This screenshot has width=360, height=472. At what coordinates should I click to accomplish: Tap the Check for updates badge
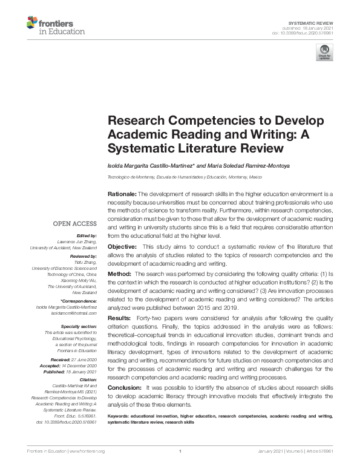[x=324, y=53]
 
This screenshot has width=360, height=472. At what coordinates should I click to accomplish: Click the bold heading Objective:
[x=123, y=247]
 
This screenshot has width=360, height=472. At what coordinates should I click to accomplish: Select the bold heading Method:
[x=120, y=274]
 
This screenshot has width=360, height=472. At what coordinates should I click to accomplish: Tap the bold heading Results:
[x=120, y=318]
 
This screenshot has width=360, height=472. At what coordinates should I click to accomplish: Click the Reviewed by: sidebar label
[x=80, y=257]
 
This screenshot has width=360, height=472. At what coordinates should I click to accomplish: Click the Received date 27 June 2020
[x=85, y=359]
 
